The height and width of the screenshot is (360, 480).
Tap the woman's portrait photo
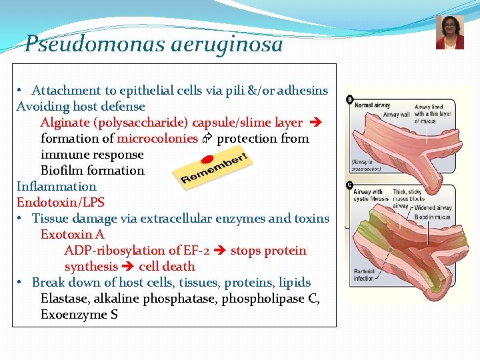click(x=449, y=33)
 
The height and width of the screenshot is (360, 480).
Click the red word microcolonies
click(x=157, y=139)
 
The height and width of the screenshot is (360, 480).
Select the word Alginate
click(x=65, y=123)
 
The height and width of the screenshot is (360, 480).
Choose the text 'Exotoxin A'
click(x=73, y=235)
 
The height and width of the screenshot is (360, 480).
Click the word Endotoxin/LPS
click(x=61, y=203)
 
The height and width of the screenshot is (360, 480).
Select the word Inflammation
click(x=57, y=187)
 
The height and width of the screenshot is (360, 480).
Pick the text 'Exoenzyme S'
click(x=79, y=315)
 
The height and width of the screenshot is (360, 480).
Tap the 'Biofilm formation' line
click(x=92, y=171)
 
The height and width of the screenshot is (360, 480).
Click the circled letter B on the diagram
click(x=349, y=100)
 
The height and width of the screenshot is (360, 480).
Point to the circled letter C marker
click(x=349, y=184)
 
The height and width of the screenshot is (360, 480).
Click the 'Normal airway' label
click(x=373, y=105)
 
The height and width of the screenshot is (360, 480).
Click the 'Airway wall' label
click(x=396, y=115)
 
